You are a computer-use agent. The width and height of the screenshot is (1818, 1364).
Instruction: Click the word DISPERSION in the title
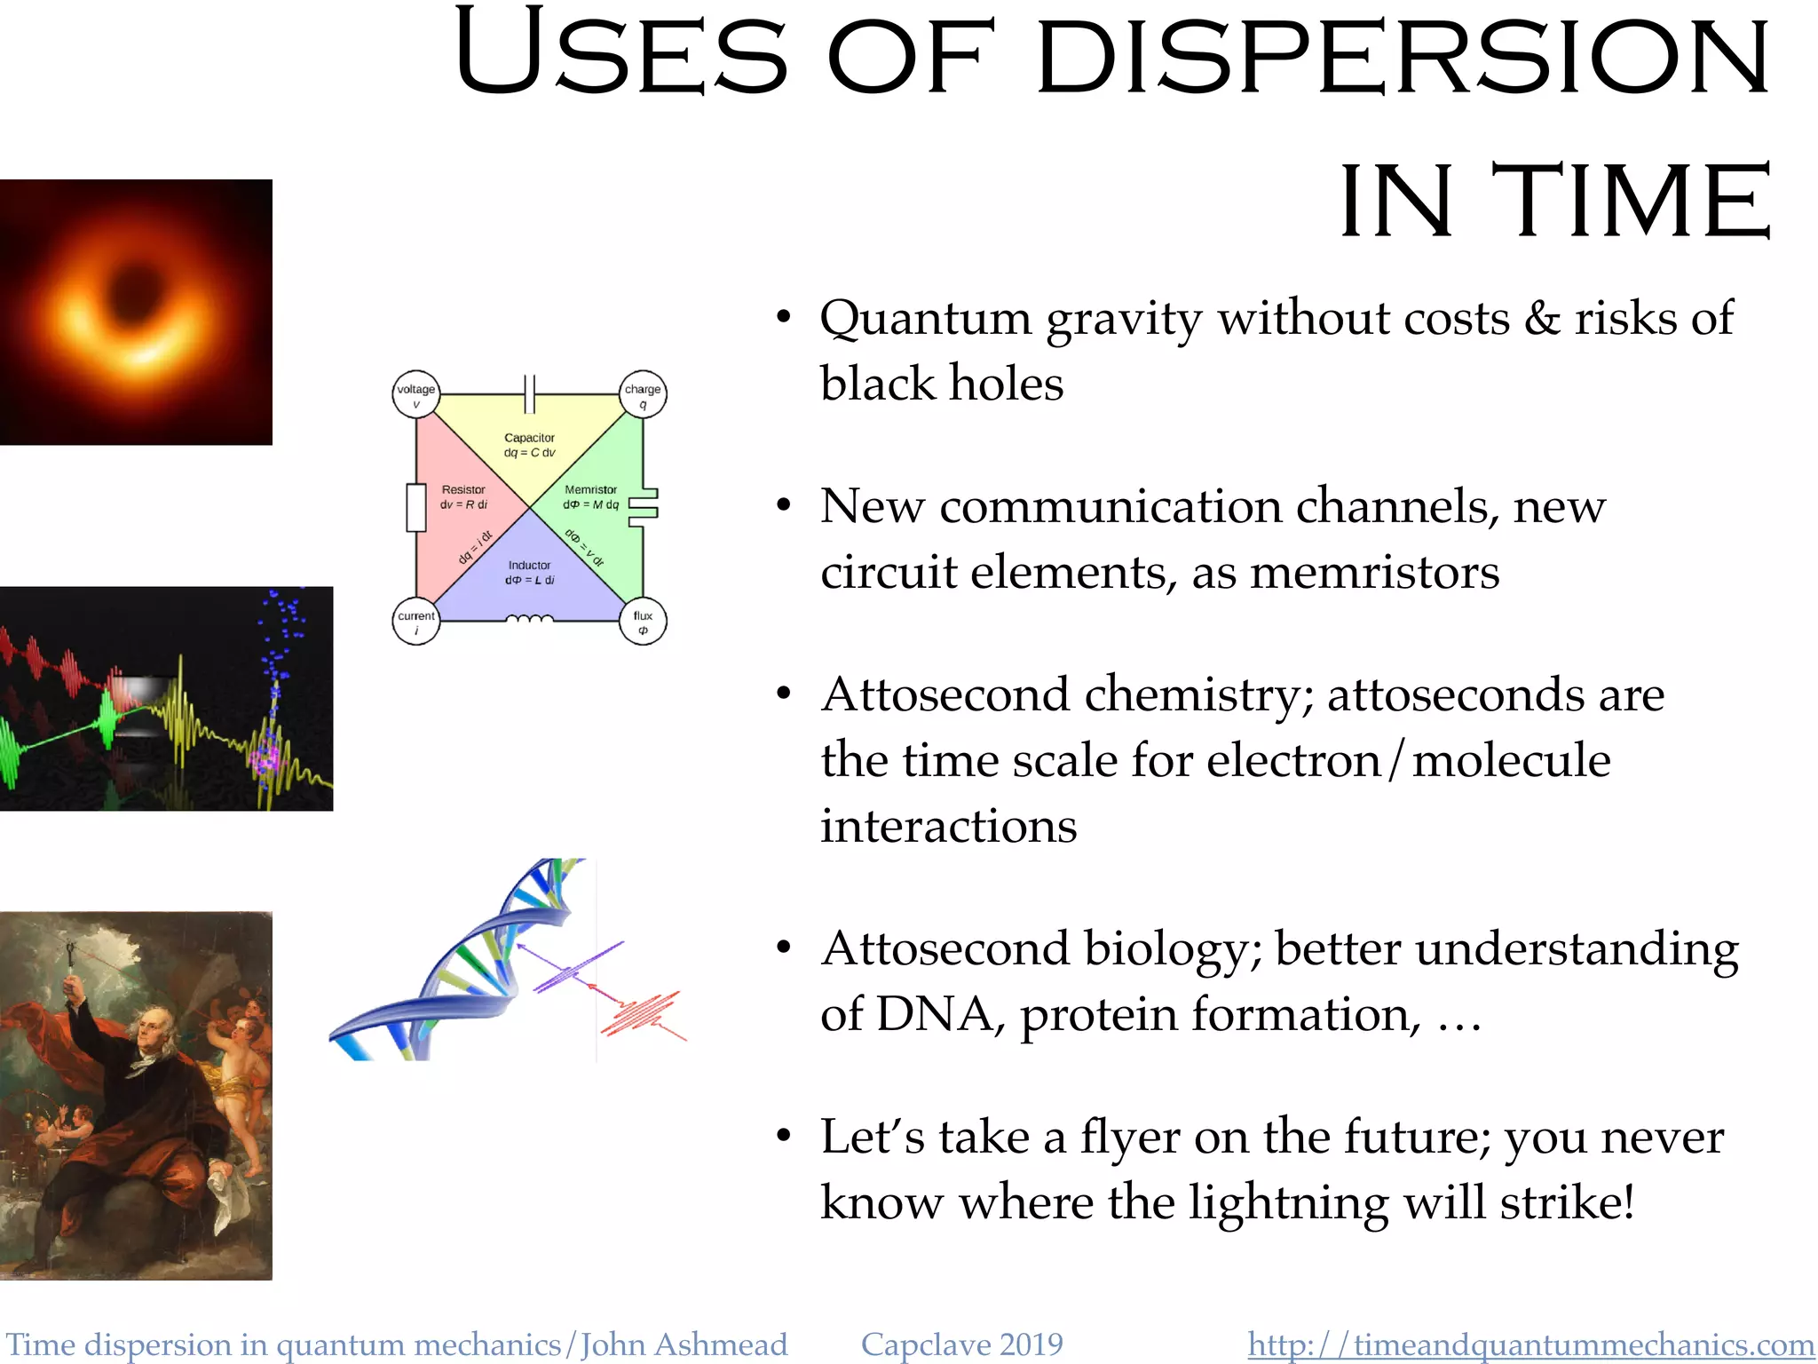1403,55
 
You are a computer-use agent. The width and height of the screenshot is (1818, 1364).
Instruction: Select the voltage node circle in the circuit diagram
415,394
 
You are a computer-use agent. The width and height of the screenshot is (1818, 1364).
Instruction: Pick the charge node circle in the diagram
643,394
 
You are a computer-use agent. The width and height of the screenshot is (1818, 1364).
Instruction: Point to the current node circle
415,622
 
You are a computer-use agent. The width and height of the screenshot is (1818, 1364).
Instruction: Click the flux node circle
643,622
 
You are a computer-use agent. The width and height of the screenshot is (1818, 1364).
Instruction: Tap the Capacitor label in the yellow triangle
529,438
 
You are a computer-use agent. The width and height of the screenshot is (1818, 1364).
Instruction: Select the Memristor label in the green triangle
590,489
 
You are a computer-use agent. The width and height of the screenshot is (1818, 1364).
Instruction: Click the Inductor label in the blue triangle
529,565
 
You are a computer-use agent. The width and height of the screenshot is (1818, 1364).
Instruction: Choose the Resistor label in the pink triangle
463,489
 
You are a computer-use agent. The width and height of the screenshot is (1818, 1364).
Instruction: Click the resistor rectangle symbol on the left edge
415,508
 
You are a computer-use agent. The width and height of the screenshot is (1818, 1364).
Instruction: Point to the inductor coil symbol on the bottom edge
529,620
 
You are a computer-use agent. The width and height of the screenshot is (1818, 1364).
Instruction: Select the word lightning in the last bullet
1287,1204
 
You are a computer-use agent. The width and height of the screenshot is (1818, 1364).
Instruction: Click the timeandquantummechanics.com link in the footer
1530,1344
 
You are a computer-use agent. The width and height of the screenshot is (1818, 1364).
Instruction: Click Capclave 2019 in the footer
961,1344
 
